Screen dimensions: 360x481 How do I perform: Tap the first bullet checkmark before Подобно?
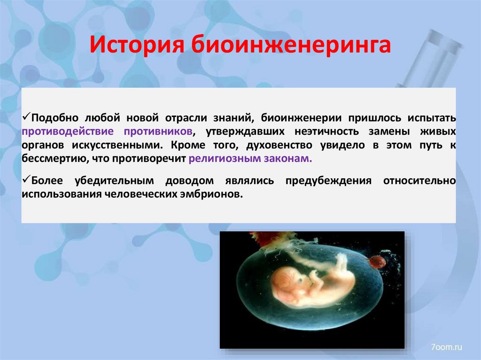click(x=26, y=115)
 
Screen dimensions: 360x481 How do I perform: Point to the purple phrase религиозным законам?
click(x=250, y=158)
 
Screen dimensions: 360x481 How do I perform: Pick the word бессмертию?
click(x=52, y=158)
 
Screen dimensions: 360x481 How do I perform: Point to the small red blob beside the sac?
click(x=377, y=261)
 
